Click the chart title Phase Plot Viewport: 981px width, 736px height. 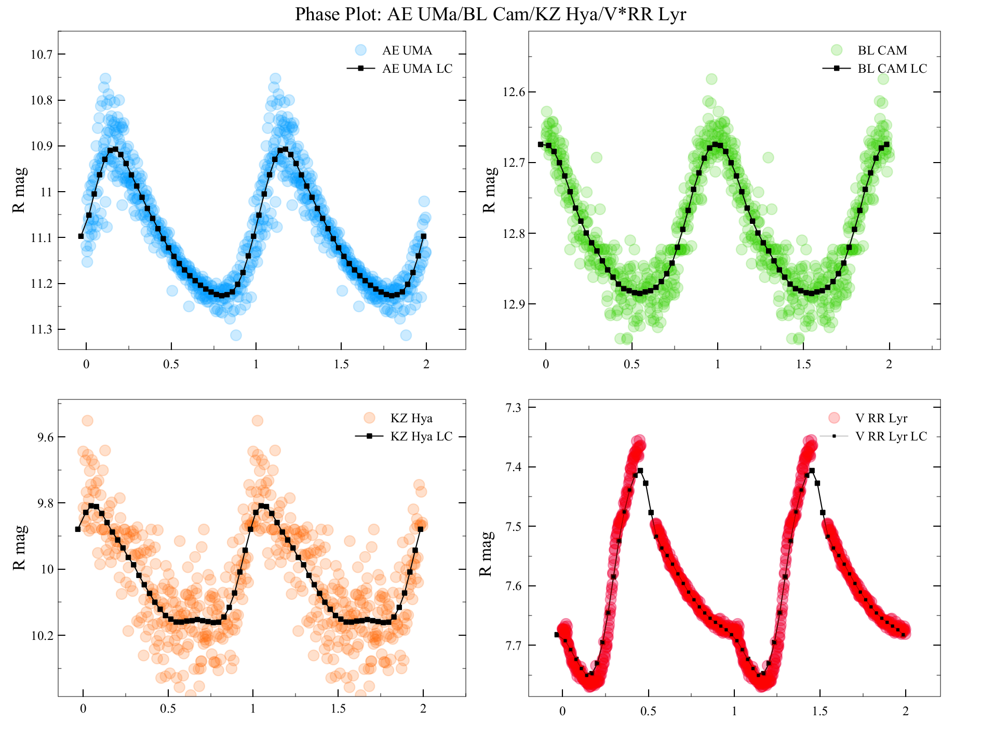490,14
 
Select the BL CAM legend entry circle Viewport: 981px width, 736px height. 836,50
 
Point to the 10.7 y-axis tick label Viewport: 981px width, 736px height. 41,55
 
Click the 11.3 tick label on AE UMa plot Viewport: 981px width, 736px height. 41,329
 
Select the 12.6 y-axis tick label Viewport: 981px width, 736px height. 514,92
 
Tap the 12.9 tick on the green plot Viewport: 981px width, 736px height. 514,304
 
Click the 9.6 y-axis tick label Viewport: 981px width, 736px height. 45,437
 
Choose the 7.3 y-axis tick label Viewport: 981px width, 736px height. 514,408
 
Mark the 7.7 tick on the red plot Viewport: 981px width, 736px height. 514,646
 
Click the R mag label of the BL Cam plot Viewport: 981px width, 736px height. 489,190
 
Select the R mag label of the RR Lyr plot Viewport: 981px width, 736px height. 485,554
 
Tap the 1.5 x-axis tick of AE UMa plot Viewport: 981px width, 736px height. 341,364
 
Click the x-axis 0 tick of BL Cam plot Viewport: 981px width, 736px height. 546,364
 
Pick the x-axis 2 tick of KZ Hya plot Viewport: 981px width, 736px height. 423,708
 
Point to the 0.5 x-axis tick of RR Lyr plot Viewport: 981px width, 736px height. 648,712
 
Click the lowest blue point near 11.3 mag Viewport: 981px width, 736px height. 236,335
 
